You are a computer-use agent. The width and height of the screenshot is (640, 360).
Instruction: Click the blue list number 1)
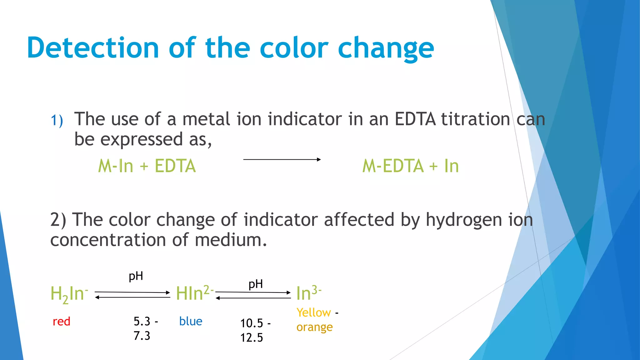pyautogui.click(x=57, y=121)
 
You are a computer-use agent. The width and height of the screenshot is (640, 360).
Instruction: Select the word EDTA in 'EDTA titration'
pyautogui.click(x=415, y=119)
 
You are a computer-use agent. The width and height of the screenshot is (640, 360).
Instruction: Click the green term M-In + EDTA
pyautogui.click(x=147, y=166)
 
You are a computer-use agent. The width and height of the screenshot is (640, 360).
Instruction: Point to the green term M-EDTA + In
pyautogui.click(x=410, y=166)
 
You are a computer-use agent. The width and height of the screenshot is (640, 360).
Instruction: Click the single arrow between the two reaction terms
pyautogui.click(x=282, y=159)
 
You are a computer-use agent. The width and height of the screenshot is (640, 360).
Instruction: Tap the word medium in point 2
pyautogui.click(x=231, y=240)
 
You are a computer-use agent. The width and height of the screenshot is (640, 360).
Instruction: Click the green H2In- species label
pyautogui.click(x=69, y=294)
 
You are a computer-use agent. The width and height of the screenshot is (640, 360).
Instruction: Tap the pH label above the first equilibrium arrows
pyautogui.click(x=136, y=276)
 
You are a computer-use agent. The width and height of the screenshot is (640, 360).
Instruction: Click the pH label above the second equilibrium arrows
pyautogui.click(x=256, y=284)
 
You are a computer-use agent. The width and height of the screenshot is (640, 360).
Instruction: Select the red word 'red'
pyautogui.click(x=61, y=322)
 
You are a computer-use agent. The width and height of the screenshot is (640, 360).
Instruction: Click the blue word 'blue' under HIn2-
pyautogui.click(x=191, y=321)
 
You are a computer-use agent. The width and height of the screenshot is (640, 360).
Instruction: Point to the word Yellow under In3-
pyautogui.click(x=313, y=312)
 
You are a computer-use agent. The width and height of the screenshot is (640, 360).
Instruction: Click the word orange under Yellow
pyautogui.click(x=314, y=327)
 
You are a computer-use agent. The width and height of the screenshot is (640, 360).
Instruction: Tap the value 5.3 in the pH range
pyautogui.click(x=142, y=321)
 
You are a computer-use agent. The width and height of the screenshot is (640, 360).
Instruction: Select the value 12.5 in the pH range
pyautogui.click(x=252, y=338)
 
